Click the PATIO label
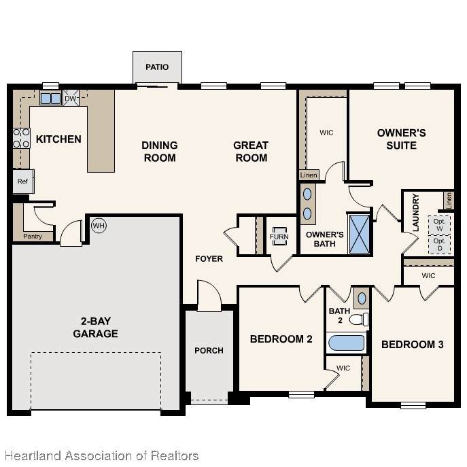(157, 67)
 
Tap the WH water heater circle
(99, 226)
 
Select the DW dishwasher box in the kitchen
(71, 98)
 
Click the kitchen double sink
(50, 99)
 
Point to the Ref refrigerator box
(23, 181)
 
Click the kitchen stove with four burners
(21, 138)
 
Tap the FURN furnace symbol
(279, 236)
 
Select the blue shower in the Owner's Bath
(360, 234)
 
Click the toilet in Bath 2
(359, 319)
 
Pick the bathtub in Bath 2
(347, 343)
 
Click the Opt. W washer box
(439, 225)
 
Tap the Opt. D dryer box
(439, 245)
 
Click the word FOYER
(209, 259)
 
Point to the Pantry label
(33, 236)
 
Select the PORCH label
(209, 351)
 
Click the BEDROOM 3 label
(413, 345)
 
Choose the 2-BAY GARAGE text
(95, 328)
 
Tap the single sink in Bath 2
(362, 298)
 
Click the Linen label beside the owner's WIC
(309, 175)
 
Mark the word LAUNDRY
(416, 212)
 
